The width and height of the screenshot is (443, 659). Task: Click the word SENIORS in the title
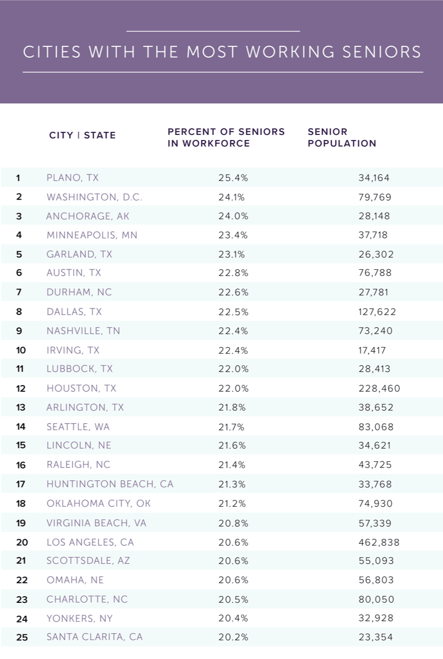click(380, 52)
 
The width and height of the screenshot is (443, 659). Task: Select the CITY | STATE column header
click(82, 135)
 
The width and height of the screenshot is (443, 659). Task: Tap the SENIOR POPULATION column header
click(342, 137)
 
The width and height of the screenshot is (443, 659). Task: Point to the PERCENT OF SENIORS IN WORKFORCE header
click(226, 137)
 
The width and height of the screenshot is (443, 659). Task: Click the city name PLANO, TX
click(72, 178)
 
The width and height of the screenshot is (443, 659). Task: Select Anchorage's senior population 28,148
click(374, 216)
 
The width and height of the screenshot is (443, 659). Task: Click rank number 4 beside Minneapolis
click(19, 235)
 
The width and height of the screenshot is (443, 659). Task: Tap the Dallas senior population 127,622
click(377, 311)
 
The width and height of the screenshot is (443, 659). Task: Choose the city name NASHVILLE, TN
click(83, 331)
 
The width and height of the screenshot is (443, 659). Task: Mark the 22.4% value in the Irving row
click(233, 350)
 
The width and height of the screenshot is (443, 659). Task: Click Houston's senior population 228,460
click(379, 388)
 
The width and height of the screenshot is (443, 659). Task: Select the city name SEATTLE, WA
click(78, 427)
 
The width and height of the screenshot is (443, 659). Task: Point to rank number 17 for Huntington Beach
click(21, 484)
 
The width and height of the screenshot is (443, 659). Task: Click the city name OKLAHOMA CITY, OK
click(98, 503)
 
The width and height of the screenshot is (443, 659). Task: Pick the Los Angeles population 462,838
click(379, 542)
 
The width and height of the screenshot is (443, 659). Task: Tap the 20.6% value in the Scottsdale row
click(233, 561)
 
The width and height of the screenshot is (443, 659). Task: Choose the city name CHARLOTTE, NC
click(87, 599)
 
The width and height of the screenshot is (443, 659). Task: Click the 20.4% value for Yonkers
click(233, 618)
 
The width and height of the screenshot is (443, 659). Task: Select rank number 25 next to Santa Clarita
click(22, 637)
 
